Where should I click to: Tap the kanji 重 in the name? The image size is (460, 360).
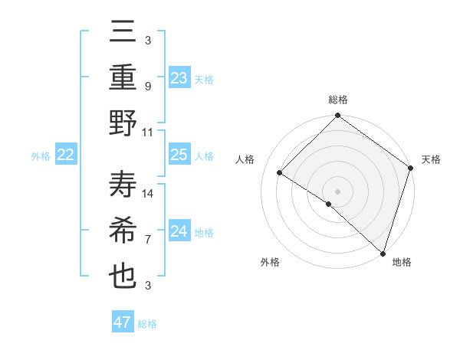coord(123,78)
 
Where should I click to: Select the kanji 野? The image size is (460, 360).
coord(123,123)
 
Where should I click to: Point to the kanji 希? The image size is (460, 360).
coord(123,231)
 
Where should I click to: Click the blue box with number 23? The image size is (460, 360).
coord(179,78)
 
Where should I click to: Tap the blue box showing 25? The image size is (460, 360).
coord(179,155)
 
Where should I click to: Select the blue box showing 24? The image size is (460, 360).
coord(179,231)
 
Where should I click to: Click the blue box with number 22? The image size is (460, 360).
coord(66,155)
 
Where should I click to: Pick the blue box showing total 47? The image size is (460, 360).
coord(123,322)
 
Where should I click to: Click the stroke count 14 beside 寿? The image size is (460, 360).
coord(149,194)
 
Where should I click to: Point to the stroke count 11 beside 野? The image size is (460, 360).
coord(149,132)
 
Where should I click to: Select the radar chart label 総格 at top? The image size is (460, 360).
coord(337,100)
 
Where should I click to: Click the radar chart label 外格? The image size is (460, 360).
coord(270,262)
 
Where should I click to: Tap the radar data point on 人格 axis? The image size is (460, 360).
coord(280,173)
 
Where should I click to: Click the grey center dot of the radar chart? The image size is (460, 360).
coord(337,191)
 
